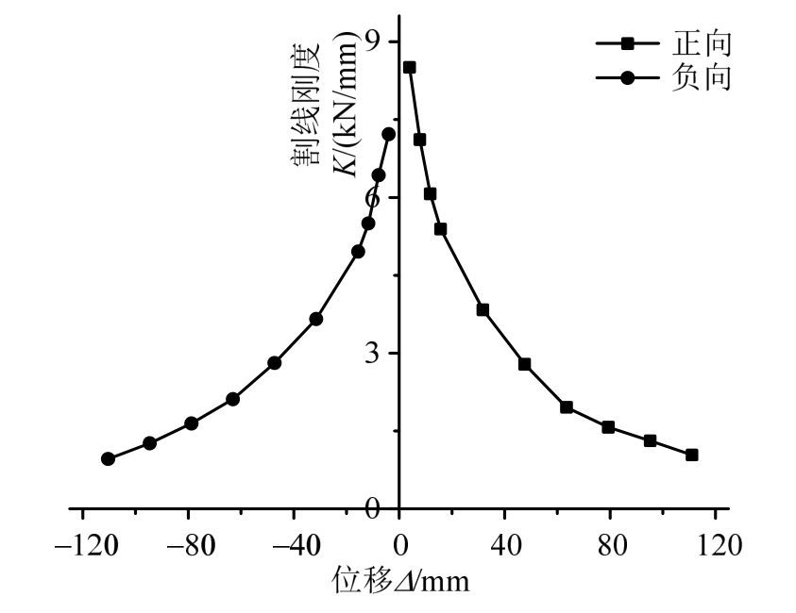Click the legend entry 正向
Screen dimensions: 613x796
pyautogui.click(x=702, y=42)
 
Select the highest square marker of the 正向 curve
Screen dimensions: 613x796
pyautogui.click(x=409, y=67)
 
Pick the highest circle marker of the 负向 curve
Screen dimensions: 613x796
pyautogui.click(x=388, y=134)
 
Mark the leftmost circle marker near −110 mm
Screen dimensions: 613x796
pyautogui.click(x=108, y=458)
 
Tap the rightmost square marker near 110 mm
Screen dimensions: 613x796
pyautogui.click(x=691, y=455)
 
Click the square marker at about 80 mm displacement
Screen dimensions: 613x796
pyautogui.click(x=608, y=427)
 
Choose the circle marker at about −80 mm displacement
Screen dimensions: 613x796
pyautogui.click(x=191, y=423)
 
